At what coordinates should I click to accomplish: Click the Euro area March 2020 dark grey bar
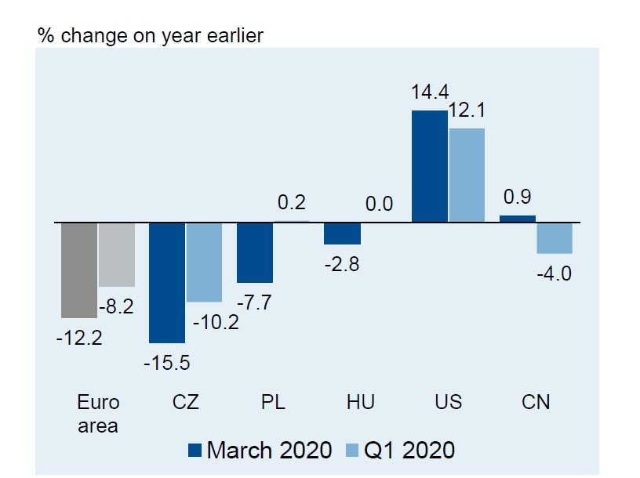(79, 270)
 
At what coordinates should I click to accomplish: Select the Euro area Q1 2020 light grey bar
(117, 255)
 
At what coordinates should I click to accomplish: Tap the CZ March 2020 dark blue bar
(167, 282)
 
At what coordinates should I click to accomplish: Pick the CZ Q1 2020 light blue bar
(204, 263)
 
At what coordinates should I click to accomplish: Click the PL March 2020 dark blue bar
(255, 252)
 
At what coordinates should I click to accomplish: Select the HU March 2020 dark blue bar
(342, 234)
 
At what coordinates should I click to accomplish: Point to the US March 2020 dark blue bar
(429, 166)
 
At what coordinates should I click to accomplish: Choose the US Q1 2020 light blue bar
(467, 175)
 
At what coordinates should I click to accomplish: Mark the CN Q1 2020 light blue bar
(555, 238)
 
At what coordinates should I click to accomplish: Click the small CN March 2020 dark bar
(518, 219)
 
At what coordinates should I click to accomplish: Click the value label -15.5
(167, 363)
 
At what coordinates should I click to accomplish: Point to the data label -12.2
(79, 339)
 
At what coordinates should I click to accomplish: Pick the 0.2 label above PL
(292, 203)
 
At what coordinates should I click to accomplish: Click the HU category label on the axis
(360, 402)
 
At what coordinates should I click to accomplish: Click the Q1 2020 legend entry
(400, 450)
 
